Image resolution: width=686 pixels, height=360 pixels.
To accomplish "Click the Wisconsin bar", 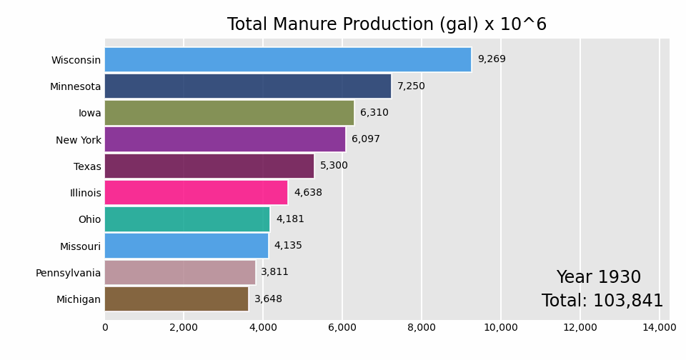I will [288, 59].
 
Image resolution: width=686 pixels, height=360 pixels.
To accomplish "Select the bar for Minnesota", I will [248, 86].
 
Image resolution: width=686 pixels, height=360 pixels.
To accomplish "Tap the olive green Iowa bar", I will [229, 113].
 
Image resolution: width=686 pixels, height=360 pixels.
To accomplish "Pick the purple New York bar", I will [225, 139].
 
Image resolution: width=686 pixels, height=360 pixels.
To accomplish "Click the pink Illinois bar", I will [196, 193].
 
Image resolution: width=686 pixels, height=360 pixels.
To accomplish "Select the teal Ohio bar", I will [187, 219].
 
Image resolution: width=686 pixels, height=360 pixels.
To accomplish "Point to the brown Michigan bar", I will [177, 299].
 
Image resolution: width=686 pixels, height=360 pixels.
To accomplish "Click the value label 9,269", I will [492, 59].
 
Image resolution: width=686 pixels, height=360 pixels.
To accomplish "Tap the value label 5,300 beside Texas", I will [334, 166].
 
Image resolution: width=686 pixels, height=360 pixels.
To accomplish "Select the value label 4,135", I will [288, 246].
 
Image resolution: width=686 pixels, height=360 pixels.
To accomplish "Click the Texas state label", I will [87, 166].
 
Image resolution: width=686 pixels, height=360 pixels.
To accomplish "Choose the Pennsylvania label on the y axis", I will [69, 273].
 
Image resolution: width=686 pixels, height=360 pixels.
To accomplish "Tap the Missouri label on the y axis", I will [80, 246].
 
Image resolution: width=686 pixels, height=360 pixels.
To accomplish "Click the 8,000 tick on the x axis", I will [422, 328].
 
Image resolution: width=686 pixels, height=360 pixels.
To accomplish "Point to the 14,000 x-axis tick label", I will [659, 328].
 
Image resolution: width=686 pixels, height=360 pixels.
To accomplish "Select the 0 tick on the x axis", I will [105, 328].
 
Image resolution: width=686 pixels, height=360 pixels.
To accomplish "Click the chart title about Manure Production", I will [387, 25].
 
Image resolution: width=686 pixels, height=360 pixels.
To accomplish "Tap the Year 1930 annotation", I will [599, 278].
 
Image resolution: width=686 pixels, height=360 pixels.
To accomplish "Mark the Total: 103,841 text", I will [602, 301].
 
